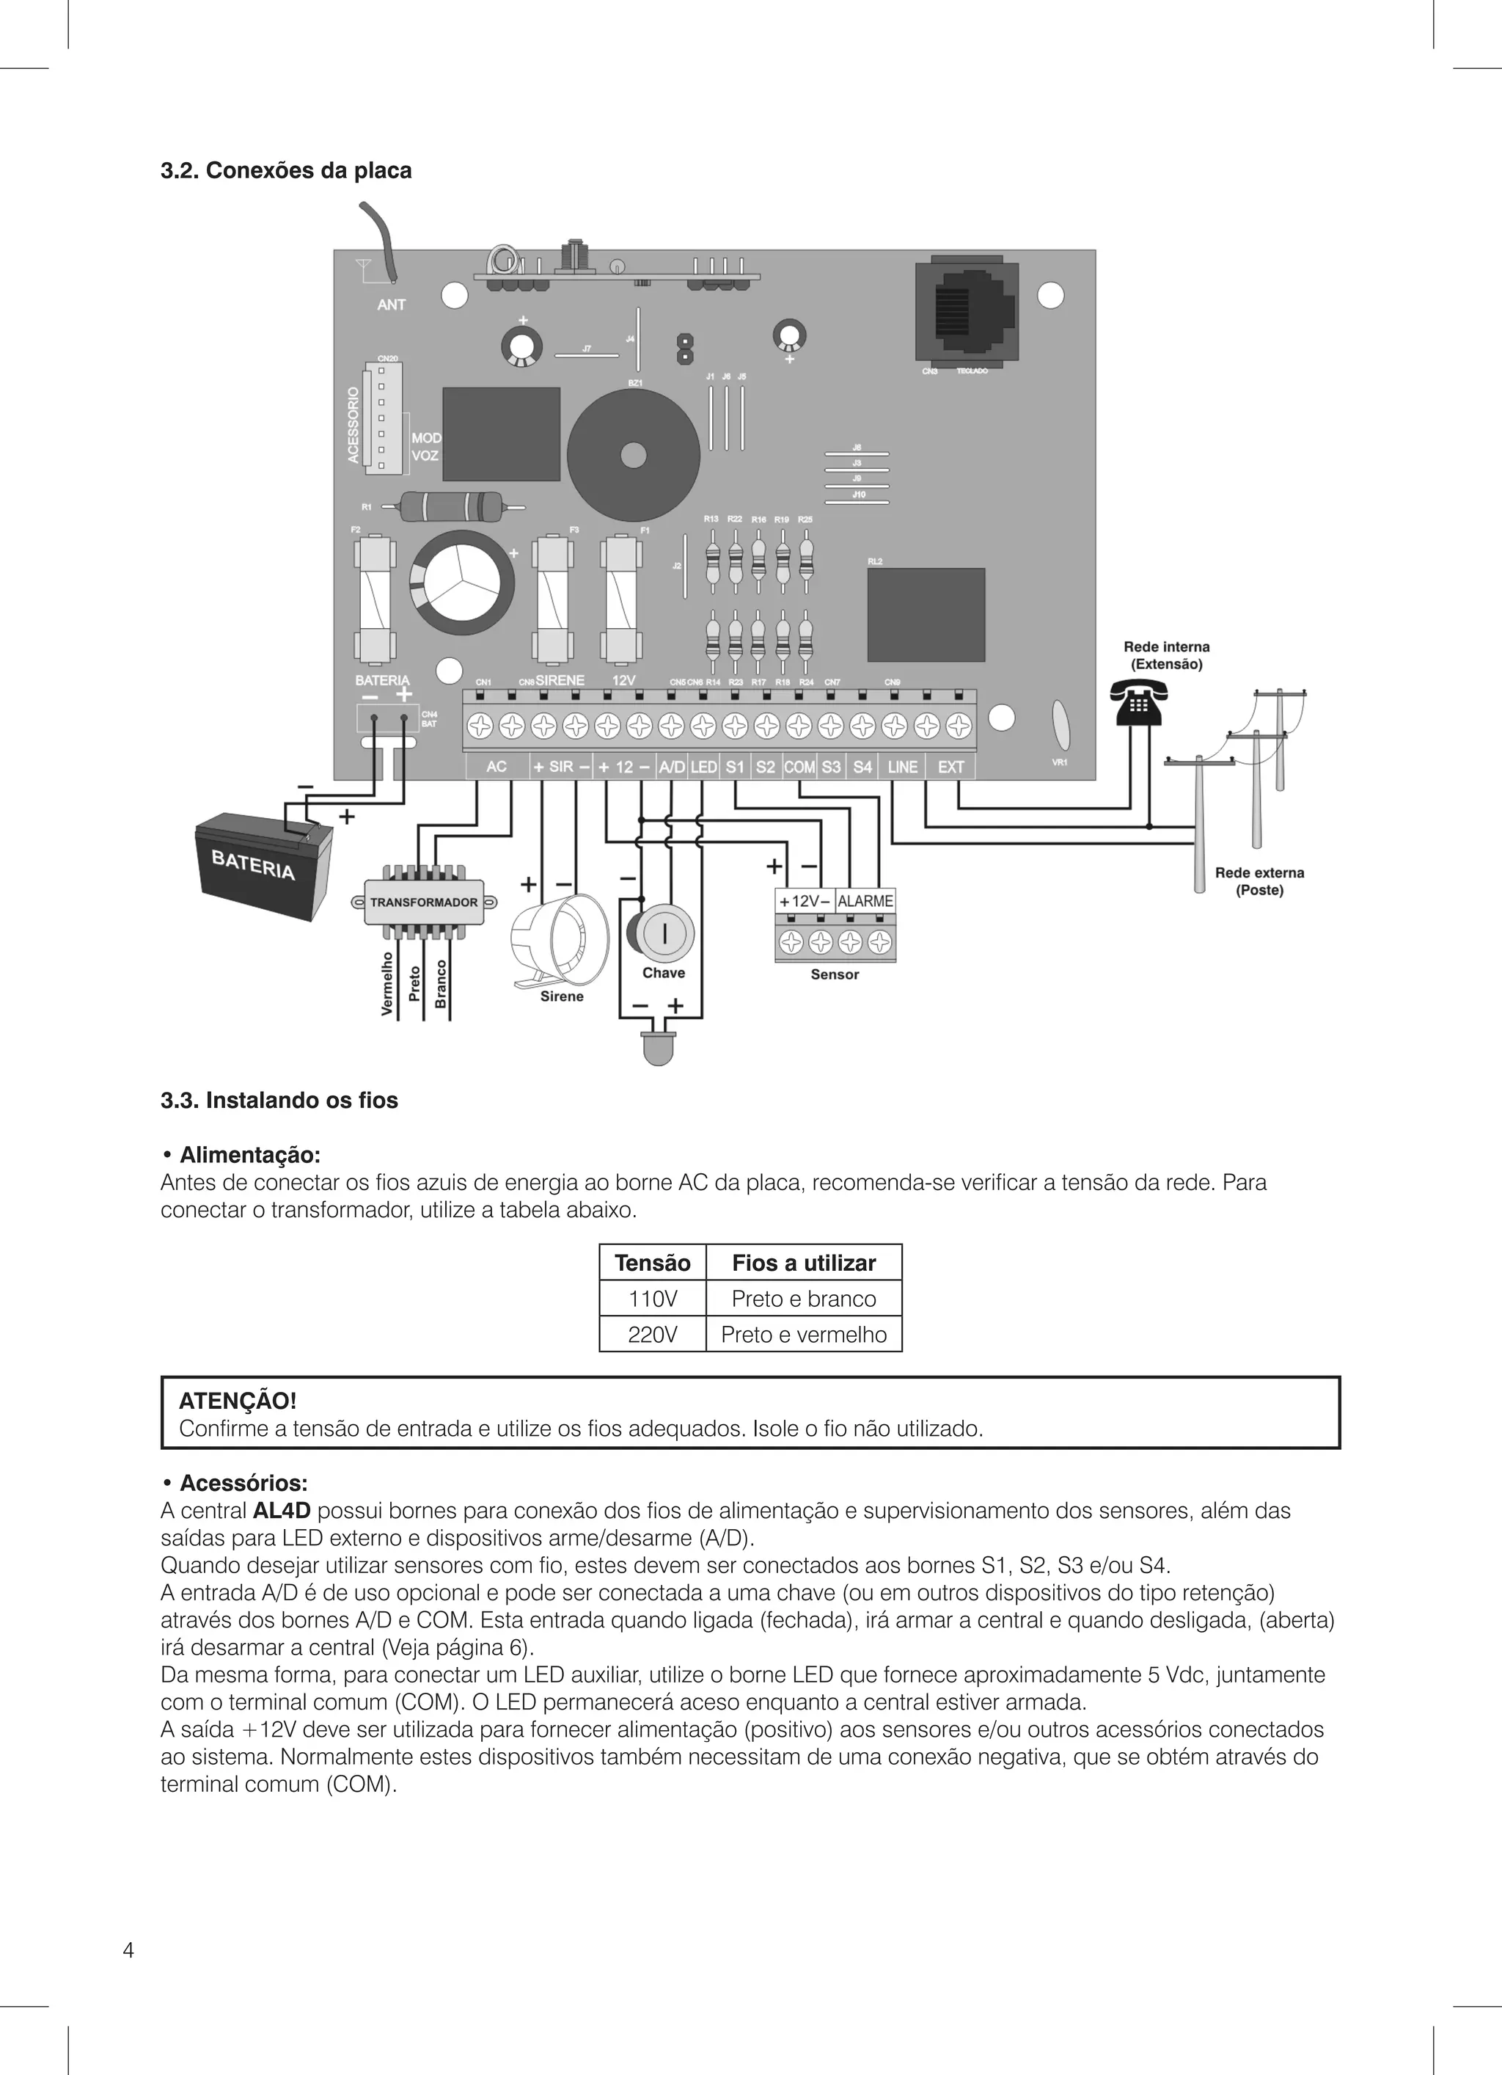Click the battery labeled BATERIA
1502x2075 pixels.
tap(263, 866)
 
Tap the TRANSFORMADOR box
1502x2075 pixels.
tap(423, 902)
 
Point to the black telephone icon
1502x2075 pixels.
tap(1135, 703)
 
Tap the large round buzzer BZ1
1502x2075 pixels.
tap(633, 455)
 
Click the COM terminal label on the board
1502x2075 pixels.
tap(799, 767)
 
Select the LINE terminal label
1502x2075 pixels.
tap(902, 767)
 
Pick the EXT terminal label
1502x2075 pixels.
tap(951, 767)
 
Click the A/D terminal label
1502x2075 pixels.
tap(671, 767)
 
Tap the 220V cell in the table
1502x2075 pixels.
tap(652, 1335)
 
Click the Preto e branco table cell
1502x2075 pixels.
tap(803, 1298)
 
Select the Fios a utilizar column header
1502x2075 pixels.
tap(803, 1263)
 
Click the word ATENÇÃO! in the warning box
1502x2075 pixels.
tap(238, 1401)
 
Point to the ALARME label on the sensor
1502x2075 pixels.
tap(865, 901)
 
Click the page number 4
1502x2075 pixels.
tap(128, 1950)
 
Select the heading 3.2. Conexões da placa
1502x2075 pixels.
tap(286, 171)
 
